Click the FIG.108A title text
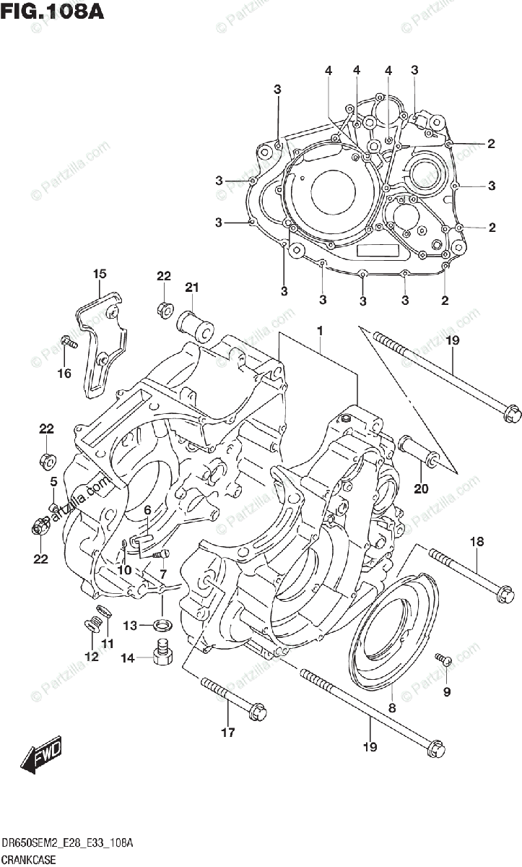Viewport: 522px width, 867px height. (53, 12)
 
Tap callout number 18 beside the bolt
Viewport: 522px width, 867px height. (477, 541)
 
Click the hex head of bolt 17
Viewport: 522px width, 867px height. (256, 712)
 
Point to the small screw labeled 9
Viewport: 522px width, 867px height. (444, 658)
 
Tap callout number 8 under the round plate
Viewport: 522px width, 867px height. (392, 709)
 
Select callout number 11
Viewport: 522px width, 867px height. (108, 644)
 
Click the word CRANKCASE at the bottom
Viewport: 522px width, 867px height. (30, 857)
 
